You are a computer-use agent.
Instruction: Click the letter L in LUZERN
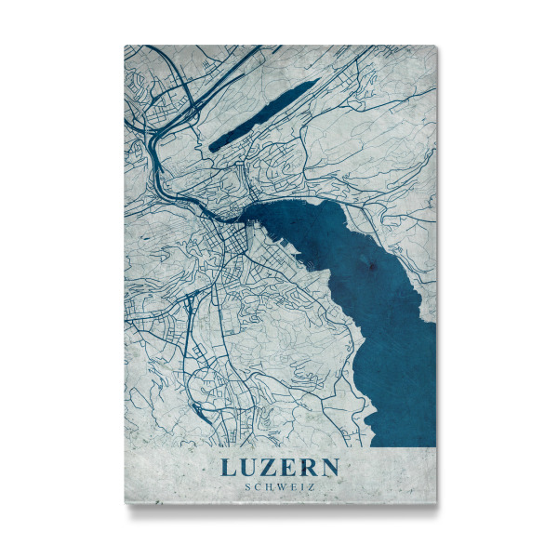tap(228, 465)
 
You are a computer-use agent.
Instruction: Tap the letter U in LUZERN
tap(249, 465)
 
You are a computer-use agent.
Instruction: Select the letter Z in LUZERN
tap(271, 465)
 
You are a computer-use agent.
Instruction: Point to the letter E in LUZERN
tap(290, 465)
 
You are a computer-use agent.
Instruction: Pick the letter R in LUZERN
tap(310, 465)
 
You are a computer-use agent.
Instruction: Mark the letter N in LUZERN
tap(331, 465)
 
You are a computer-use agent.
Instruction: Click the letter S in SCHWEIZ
tap(246, 485)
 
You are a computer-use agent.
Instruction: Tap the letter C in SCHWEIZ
tap(256, 485)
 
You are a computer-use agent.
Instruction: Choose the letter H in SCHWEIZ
tap(267, 485)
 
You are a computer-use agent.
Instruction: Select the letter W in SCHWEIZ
tap(280, 485)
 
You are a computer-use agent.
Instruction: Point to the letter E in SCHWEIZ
tap(292, 485)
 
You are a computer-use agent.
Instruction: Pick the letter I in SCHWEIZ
tap(301, 485)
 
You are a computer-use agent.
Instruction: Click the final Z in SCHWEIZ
tap(311, 485)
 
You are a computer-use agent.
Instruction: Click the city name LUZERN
tap(280, 465)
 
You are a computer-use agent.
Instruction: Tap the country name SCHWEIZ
tap(279, 485)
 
